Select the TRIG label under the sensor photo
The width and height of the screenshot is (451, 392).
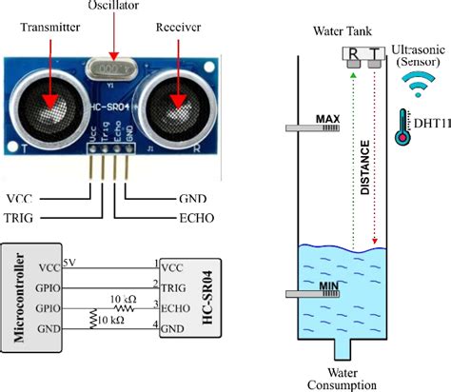25,217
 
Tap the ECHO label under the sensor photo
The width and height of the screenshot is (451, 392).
195,217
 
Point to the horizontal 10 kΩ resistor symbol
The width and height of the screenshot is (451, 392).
123,307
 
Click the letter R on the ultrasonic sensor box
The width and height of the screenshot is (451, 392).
352,53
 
